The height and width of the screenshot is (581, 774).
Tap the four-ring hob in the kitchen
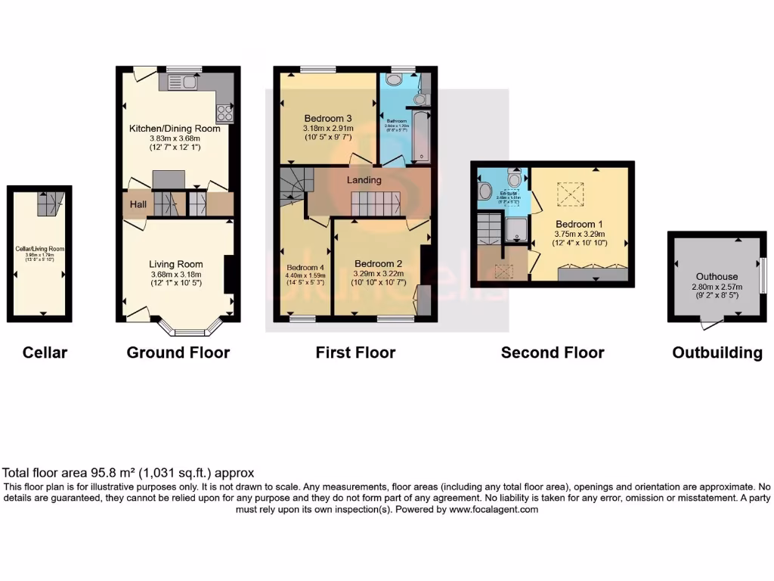click(224, 113)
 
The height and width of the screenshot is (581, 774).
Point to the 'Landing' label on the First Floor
click(364, 180)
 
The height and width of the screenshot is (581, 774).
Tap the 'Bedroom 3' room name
click(328, 119)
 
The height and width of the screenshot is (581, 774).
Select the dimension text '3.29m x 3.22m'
click(379, 275)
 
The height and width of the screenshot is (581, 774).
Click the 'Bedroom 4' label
click(305, 267)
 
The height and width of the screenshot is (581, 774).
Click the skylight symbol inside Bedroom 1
click(571, 195)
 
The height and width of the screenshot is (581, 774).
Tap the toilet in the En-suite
click(515, 179)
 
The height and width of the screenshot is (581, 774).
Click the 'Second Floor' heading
click(553, 353)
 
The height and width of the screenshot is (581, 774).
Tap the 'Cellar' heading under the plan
click(45, 353)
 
